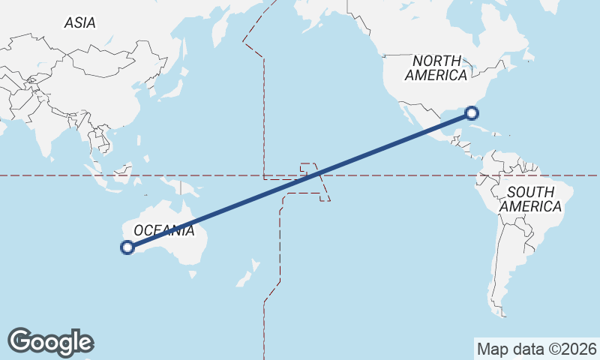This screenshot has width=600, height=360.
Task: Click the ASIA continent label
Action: tap(79, 23)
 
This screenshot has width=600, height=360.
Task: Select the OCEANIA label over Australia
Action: tap(163, 230)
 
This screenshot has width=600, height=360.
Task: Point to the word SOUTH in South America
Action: tap(530, 193)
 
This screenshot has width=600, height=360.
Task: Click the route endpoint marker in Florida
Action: tap(471, 113)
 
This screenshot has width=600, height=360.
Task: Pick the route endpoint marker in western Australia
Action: tap(127, 247)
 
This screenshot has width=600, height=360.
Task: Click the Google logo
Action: tap(50, 341)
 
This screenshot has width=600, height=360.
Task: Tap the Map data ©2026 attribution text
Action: tap(536, 349)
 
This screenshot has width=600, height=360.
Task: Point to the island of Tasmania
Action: tap(193, 274)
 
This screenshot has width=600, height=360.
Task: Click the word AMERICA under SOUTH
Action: tap(530, 206)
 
